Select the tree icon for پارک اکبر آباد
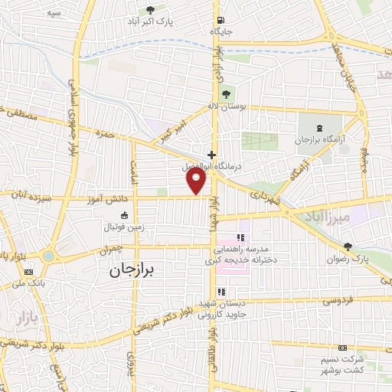150,9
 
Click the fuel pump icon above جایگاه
221,21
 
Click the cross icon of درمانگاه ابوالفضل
211,154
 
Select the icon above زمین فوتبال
125,216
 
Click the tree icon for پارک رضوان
348,247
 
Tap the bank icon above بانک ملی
29,271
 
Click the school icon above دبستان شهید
221,292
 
